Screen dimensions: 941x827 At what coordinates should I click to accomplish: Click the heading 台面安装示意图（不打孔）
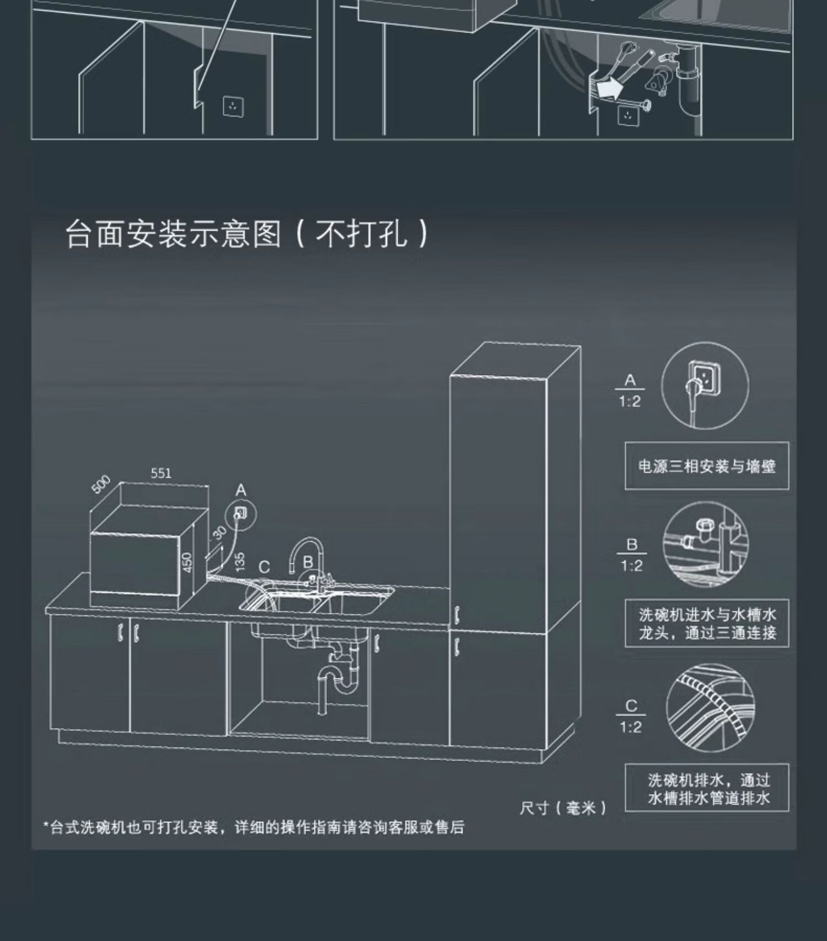pyautogui.click(x=246, y=234)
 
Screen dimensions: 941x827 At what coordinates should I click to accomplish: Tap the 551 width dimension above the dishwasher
pyautogui.click(x=161, y=473)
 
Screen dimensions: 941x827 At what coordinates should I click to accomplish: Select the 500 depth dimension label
pyautogui.click(x=101, y=484)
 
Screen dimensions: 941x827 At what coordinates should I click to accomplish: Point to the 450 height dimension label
pyautogui.click(x=187, y=563)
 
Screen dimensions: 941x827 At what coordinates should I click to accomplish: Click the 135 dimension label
pyautogui.click(x=239, y=562)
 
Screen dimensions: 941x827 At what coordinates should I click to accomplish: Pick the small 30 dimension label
pyautogui.click(x=219, y=533)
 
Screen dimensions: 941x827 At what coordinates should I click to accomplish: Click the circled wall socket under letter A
pyautogui.click(x=241, y=514)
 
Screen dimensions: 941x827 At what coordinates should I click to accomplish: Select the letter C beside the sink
pyautogui.click(x=264, y=568)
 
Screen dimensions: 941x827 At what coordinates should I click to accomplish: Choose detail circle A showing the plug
pyautogui.click(x=705, y=385)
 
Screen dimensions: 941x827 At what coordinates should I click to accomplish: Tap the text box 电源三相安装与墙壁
pyautogui.click(x=707, y=466)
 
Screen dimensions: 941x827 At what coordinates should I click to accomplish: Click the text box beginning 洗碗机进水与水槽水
pyautogui.click(x=707, y=623)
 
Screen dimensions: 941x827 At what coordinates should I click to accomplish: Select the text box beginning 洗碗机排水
pyautogui.click(x=707, y=788)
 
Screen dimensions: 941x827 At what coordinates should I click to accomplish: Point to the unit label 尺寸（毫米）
pyautogui.click(x=563, y=808)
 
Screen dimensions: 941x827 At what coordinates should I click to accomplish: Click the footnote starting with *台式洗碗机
pyautogui.click(x=254, y=827)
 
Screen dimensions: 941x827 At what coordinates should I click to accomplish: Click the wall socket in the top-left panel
pyautogui.click(x=234, y=106)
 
